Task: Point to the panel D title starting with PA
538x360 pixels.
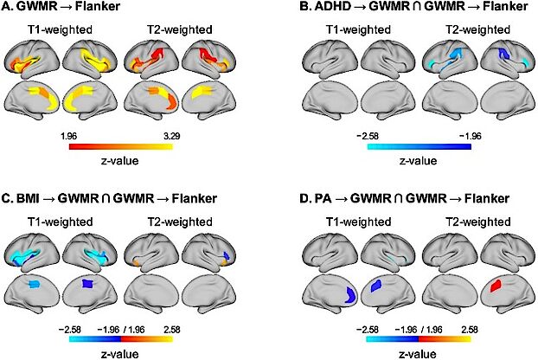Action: pyautogui.click(x=386, y=199)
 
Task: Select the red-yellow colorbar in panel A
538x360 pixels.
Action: pyautogui.click(x=119, y=146)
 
